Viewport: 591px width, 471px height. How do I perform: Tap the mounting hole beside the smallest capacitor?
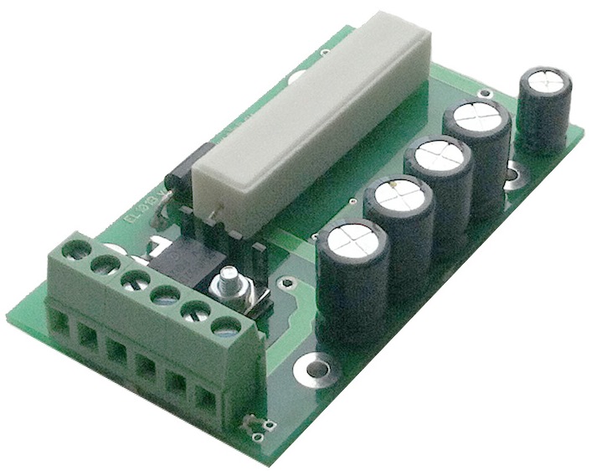pos(514,176)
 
